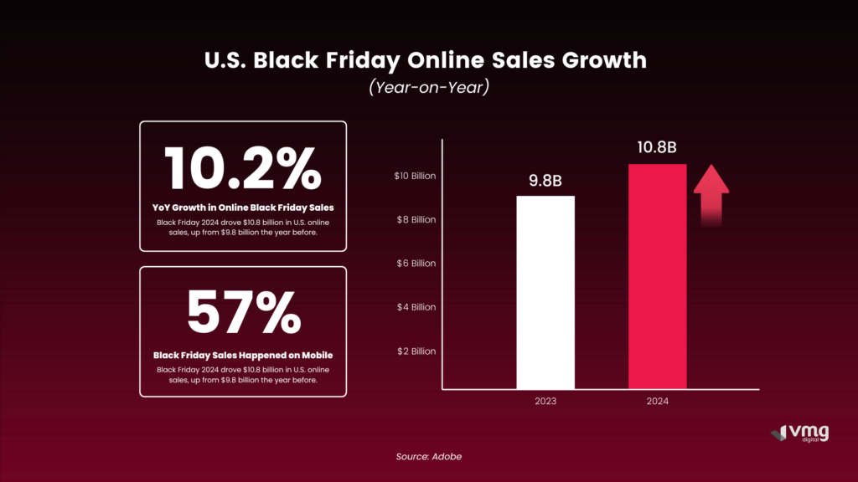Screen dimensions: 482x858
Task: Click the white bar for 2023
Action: click(x=545, y=292)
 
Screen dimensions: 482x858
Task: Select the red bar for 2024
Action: click(x=657, y=276)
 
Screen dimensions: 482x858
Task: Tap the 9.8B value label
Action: click(x=545, y=182)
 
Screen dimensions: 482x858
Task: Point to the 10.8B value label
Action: click(x=657, y=149)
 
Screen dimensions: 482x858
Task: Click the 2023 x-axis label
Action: click(x=545, y=402)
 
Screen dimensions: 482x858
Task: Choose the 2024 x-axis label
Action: click(x=657, y=402)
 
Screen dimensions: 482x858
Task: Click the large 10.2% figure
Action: click(x=242, y=169)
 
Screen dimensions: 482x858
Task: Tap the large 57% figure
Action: click(x=242, y=313)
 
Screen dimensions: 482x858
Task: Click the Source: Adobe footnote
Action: click(x=428, y=456)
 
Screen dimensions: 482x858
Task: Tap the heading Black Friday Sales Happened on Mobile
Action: click(x=242, y=355)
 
